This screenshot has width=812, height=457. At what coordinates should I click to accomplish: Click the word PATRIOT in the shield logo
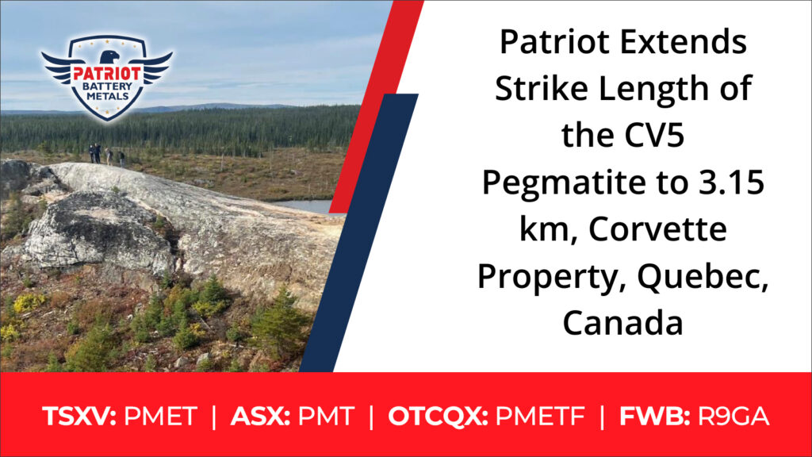tap(107, 74)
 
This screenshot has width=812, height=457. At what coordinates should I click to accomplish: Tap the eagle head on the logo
tap(109, 56)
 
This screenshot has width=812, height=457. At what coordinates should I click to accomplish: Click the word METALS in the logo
tap(108, 96)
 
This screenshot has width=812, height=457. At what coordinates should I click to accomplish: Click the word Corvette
tap(657, 229)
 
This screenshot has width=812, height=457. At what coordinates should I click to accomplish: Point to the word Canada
tap(623, 323)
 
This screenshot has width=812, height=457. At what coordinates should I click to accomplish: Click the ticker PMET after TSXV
tap(160, 417)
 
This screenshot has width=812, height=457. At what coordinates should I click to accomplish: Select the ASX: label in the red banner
tap(260, 417)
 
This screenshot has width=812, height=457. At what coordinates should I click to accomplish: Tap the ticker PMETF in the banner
tap(540, 417)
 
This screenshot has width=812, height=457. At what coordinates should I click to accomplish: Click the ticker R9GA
tap(733, 417)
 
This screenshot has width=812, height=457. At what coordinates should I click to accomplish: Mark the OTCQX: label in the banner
tap(438, 417)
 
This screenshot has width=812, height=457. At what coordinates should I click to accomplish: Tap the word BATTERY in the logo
tap(107, 86)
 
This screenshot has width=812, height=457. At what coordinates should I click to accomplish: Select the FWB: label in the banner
tap(654, 417)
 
